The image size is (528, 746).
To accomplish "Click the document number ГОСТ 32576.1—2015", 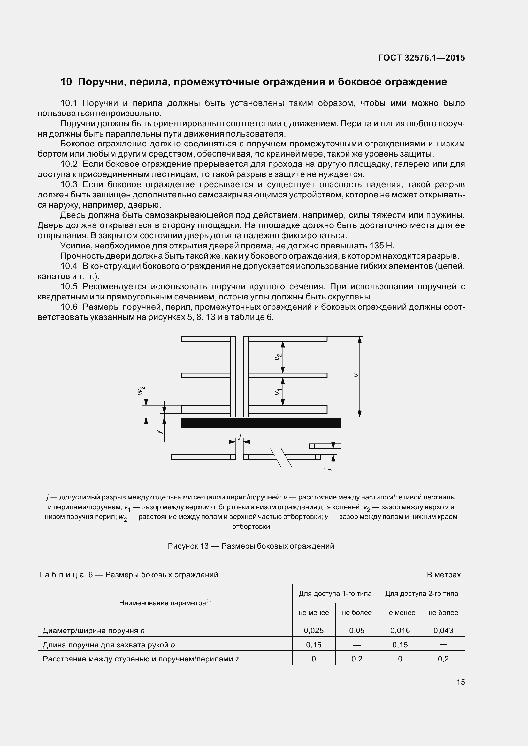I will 422,58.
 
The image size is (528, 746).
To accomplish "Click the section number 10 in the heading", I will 66,82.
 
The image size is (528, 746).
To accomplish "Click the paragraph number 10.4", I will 69,266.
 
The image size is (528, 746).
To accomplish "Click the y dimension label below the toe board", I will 159,432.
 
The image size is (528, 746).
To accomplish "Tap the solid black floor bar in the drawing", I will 261,423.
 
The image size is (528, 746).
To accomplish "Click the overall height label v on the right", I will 356,375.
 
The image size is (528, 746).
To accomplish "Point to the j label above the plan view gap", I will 240,436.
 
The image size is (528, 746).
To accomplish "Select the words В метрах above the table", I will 444,575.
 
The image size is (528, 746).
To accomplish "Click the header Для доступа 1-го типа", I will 335,594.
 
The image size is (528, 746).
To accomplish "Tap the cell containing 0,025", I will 314,630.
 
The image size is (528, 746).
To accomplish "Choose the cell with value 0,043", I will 443,630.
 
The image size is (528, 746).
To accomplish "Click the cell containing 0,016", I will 400,630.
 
